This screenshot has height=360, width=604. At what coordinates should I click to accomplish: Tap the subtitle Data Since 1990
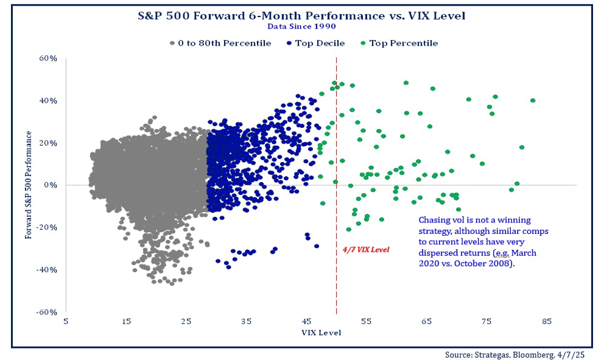coord(302,26)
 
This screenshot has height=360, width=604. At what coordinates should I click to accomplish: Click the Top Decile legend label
coord(320,43)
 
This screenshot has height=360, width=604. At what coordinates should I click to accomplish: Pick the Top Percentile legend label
coord(403,43)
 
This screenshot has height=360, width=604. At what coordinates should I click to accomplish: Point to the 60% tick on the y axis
coord(48,58)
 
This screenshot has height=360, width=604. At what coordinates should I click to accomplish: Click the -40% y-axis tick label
coord(46,270)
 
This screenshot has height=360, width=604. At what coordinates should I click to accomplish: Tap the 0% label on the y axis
coord(51,185)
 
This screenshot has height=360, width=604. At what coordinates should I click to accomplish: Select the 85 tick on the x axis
coord(546,322)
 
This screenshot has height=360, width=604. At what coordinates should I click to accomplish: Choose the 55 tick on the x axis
coord(367,322)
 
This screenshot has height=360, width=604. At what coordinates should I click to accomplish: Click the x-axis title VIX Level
coord(321,333)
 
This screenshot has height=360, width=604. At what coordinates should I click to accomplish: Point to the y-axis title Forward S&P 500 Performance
coord(29,185)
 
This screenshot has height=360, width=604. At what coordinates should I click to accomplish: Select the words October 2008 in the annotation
coord(473,264)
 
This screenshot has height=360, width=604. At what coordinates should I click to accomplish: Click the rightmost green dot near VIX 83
coord(533,101)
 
